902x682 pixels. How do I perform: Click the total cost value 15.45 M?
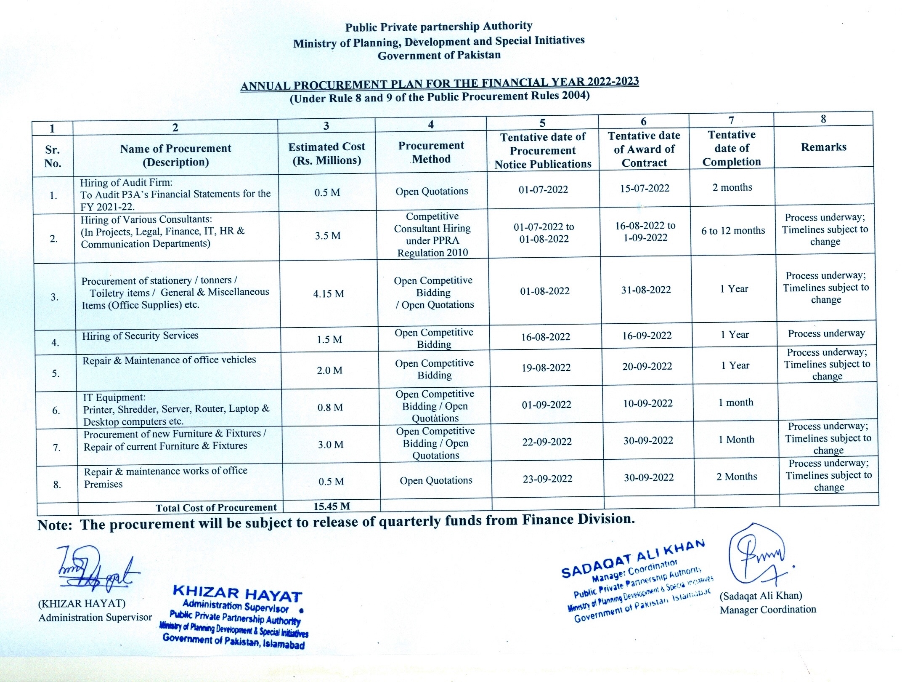tap(332, 506)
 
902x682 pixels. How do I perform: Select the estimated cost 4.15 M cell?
tap(328, 294)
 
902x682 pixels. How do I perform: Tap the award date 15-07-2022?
tap(645, 188)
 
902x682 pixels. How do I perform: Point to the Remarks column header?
tap(823, 147)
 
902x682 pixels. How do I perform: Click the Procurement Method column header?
tap(431, 152)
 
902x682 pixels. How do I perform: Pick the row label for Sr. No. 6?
tap(56, 410)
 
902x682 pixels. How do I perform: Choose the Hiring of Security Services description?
tap(140, 336)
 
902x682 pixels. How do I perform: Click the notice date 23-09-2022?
tap(547, 479)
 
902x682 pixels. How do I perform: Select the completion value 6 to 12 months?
tap(733, 231)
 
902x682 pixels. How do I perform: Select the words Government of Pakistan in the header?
tap(439, 56)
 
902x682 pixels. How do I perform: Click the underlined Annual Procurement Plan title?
tap(439, 83)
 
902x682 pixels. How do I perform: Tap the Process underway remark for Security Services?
tap(826, 334)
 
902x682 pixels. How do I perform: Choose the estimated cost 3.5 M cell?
tap(328, 236)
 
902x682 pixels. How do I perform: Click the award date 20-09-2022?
tap(647, 366)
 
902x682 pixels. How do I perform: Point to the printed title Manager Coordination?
tap(767, 610)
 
